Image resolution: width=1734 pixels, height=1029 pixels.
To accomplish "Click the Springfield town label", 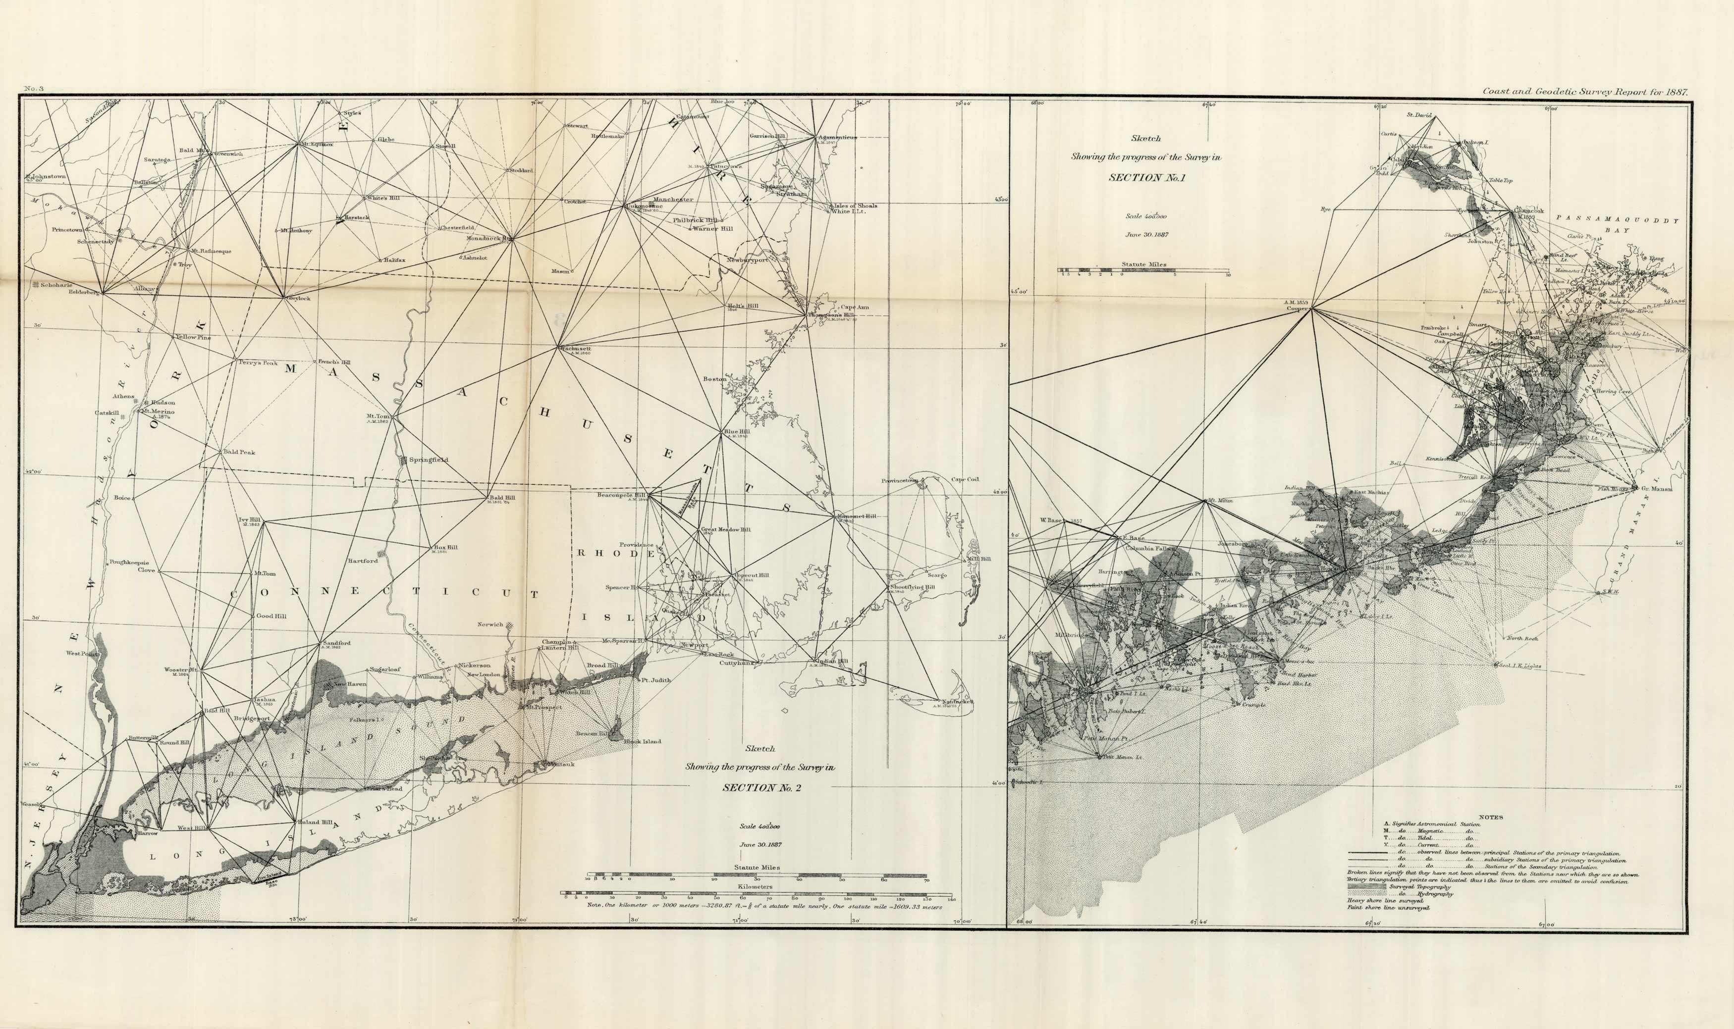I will tap(429, 460).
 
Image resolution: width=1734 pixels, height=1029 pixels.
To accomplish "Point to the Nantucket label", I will tap(956, 702).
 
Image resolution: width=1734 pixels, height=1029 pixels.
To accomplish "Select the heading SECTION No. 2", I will tap(761, 788).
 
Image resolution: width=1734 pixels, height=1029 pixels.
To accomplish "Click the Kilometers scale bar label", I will tap(756, 886).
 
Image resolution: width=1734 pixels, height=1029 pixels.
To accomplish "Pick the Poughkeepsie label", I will tap(128, 563).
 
